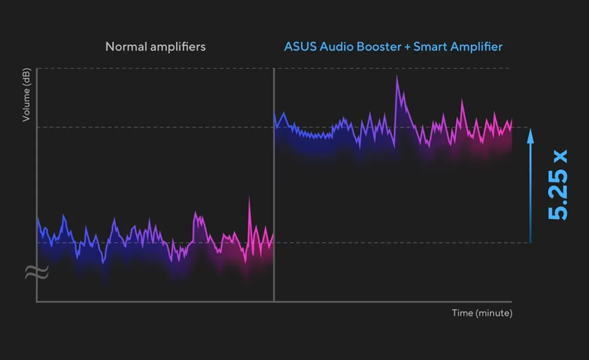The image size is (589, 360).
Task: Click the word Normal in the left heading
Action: tap(126, 47)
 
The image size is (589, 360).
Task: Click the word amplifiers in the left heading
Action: tap(178, 47)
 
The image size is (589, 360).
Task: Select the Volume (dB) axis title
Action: tap(26, 95)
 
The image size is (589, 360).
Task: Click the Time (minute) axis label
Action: tap(482, 313)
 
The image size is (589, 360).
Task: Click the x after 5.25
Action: tap(560, 156)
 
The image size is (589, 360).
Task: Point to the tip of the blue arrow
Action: tap(530, 129)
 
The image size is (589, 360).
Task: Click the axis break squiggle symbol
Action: tap(37, 272)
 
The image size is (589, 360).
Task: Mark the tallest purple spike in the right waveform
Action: tap(397, 76)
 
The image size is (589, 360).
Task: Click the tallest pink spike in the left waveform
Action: tap(249, 196)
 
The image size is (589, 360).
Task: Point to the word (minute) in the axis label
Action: tap(494, 313)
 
